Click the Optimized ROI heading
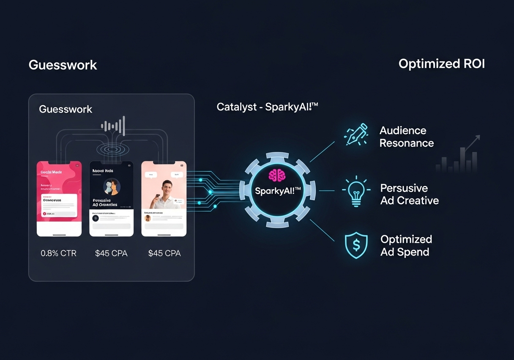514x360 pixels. coord(441,64)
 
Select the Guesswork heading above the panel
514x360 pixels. coord(63,65)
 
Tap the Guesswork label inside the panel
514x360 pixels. coord(66,109)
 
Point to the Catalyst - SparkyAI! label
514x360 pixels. coord(267,107)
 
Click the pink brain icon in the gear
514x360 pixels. coord(277,175)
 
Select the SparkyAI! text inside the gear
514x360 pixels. coord(278,191)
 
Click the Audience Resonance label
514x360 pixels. coord(406,137)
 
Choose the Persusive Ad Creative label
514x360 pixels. coord(409,194)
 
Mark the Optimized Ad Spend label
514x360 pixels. coord(406,245)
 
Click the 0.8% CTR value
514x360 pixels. coord(59,253)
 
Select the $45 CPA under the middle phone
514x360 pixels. coord(111,253)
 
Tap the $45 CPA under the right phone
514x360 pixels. coord(164,253)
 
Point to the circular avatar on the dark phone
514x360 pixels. coord(112,186)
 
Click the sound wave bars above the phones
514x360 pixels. coord(113,125)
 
